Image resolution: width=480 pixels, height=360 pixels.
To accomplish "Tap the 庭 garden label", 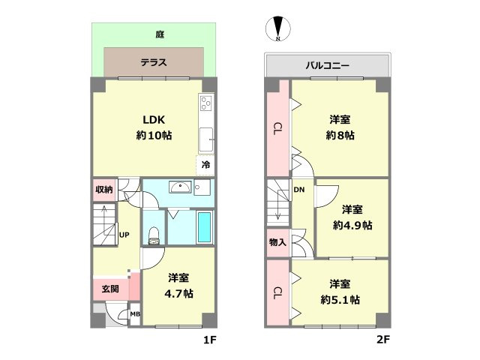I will (x=160, y=34).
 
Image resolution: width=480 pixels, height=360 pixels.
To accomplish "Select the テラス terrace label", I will (x=154, y=63).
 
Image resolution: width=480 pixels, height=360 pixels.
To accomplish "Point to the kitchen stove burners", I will (x=205, y=104).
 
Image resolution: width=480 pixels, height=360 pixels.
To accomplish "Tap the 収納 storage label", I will (x=103, y=189).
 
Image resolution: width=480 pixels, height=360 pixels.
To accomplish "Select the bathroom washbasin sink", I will (x=178, y=188).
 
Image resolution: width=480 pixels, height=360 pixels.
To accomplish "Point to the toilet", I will (x=154, y=235).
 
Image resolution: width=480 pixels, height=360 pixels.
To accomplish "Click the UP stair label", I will (x=124, y=235).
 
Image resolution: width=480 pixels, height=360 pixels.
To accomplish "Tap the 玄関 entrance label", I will (x=109, y=287).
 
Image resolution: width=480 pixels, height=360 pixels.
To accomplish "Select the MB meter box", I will (x=135, y=315).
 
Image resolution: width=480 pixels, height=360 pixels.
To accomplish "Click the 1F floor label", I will (x=208, y=340).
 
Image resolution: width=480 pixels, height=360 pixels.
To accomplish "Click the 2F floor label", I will (x=382, y=340).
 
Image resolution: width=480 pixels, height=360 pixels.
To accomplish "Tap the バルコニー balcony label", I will (x=327, y=65).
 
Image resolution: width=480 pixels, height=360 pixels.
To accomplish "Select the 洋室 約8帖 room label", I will (x=340, y=127).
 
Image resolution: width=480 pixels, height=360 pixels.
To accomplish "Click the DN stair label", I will (x=298, y=190).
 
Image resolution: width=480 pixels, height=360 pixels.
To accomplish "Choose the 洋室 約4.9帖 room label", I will (x=352, y=217).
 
